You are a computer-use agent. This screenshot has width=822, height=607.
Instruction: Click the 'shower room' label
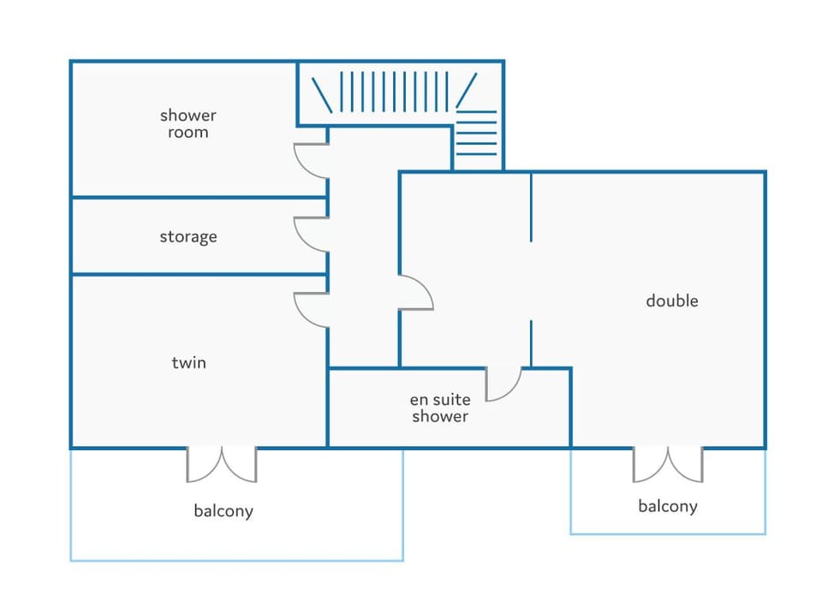pos(188,123)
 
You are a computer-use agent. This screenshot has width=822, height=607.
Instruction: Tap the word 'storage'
pos(188,237)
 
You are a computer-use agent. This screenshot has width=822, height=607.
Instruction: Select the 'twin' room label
pos(188,363)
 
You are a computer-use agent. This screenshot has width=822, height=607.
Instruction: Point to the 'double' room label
pos(671,301)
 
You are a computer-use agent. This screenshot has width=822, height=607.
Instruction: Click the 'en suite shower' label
pos(440,408)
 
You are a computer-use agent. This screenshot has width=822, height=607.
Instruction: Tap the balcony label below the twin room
pos(223,511)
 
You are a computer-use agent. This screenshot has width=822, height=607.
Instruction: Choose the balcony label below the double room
pos(667,506)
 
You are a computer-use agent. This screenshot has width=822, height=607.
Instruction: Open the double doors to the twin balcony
pos(222,464)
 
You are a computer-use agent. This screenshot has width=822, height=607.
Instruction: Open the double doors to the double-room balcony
pos(668,464)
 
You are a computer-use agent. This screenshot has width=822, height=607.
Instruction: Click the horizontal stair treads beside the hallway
pos(476,134)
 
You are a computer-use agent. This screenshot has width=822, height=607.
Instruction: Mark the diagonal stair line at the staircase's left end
pos(322,95)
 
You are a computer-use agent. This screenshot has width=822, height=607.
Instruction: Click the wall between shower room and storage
pos(200,198)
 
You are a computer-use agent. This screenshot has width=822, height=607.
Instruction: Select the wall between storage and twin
pos(200,274)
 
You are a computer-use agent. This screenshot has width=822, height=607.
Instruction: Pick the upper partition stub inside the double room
pos(531,207)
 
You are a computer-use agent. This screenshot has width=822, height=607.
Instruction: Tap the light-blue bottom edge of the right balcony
pos(668,534)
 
